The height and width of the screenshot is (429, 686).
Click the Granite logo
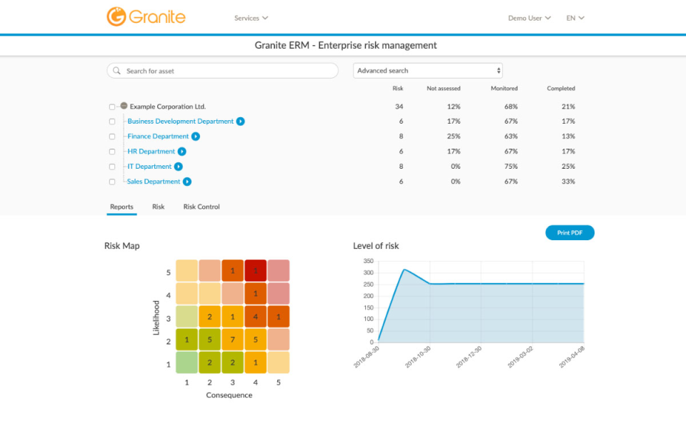point(146,16)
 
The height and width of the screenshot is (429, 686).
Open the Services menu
point(251,18)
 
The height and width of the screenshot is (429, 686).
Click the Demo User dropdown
point(529,18)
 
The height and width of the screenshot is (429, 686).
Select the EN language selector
point(575,18)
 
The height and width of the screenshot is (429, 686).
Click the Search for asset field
point(222,71)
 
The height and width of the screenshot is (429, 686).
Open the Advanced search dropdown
point(427,71)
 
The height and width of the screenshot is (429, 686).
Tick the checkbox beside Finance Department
point(112,137)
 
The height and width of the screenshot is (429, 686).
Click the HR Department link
point(151,152)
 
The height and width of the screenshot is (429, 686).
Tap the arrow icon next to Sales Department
point(187,182)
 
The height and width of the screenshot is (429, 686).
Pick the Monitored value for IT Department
point(509,167)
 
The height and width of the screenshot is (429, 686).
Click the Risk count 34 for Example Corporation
point(399,107)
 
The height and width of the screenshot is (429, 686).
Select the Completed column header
point(561,89)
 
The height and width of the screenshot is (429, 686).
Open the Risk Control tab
point(202,207)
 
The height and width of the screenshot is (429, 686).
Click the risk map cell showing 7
point(232,340)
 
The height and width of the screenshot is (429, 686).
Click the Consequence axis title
point(229,395)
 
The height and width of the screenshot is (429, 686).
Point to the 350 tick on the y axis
point(369,261)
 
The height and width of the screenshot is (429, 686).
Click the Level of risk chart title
point(375,246)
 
